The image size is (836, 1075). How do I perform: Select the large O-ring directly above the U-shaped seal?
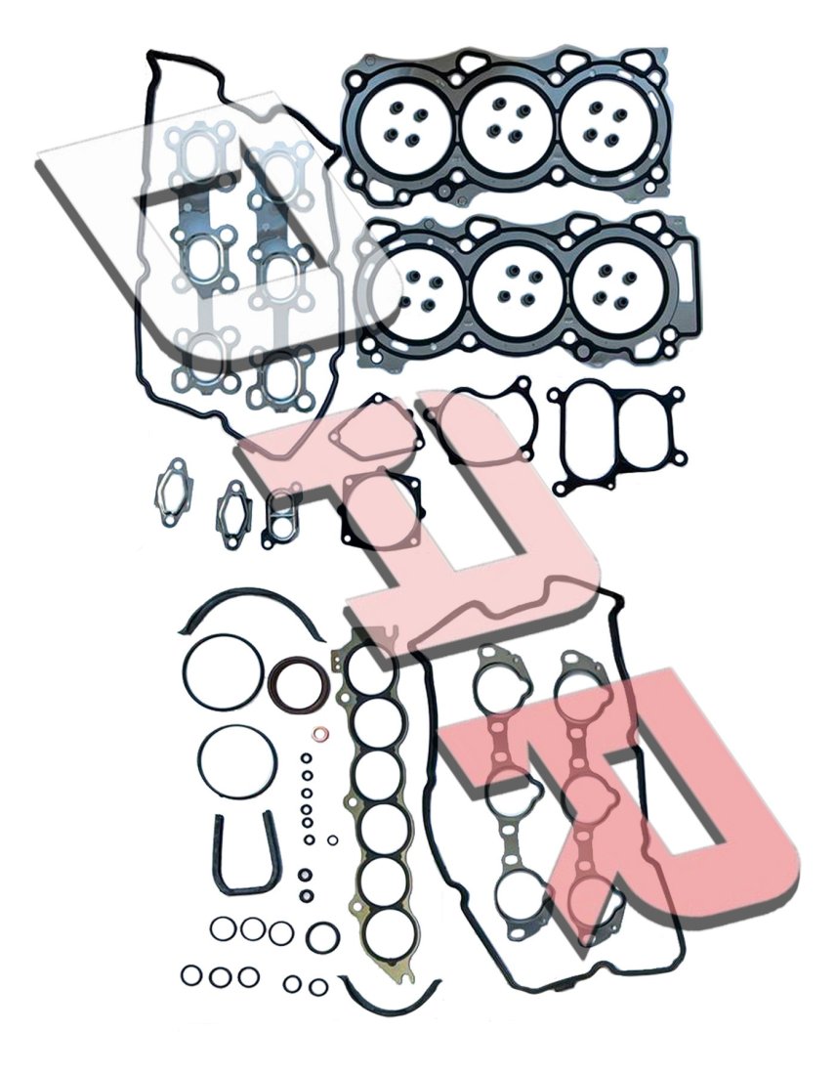click(239, 762)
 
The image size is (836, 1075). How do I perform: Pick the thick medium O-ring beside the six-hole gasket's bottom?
click(319, 936)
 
